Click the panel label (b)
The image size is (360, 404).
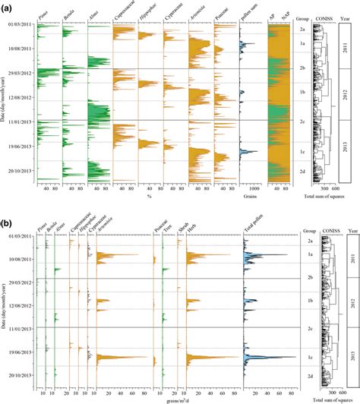tap(6, 207)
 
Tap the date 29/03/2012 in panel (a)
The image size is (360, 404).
tap(22, 72)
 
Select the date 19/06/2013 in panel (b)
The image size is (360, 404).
tap(22, 352)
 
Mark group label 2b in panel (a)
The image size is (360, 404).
tap(302, 68)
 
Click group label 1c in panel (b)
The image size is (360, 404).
tap(302, 356)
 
